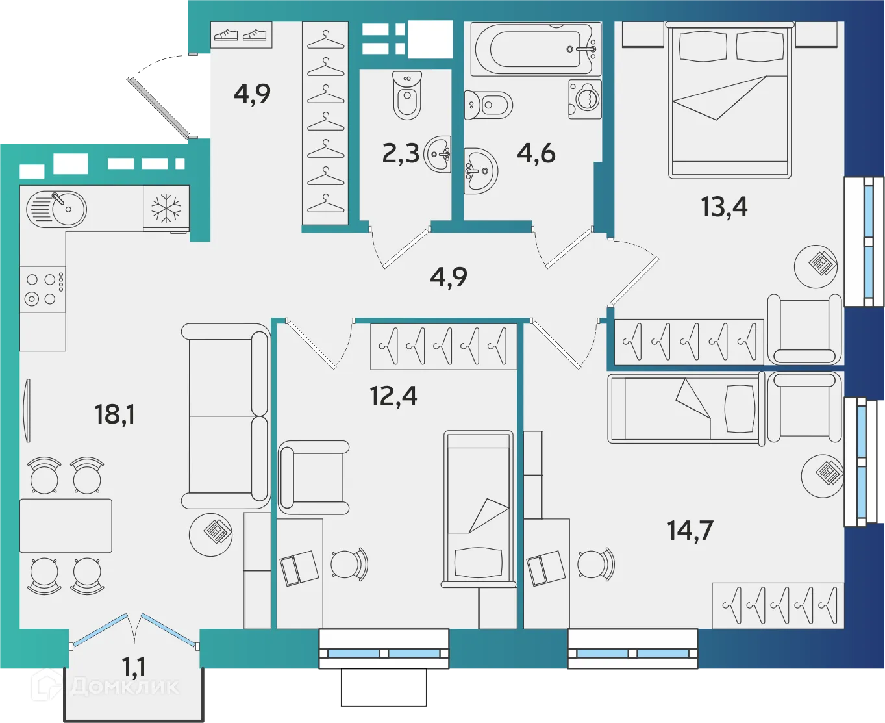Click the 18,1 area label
point(114,414)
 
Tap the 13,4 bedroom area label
point(723,207)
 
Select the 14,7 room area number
point(690,530)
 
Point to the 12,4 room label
point(393,396)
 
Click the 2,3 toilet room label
point(400,154)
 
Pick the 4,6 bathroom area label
point(536,153)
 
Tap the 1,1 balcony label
point(134,666)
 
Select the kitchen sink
point(56,209)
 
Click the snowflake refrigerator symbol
point(166,209)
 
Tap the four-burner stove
point(43,290)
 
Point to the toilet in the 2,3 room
point(407,95)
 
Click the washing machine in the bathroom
point(585,99)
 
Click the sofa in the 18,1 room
point(225,416)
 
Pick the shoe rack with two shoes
point(241,35)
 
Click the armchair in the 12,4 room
point(314,477)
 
